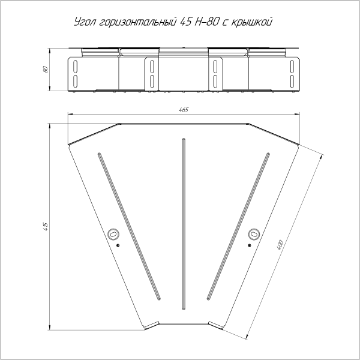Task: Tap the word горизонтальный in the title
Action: click(x=138, y=23)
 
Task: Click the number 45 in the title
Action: click(x=185, y=22)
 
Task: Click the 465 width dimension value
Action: click(x=184, y=110)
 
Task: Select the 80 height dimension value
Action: click(x=46, y=70)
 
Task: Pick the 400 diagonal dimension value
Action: click(x=280, y=245)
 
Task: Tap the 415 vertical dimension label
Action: click(x=46, y=226)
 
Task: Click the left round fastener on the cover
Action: click(x=113, y=234)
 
